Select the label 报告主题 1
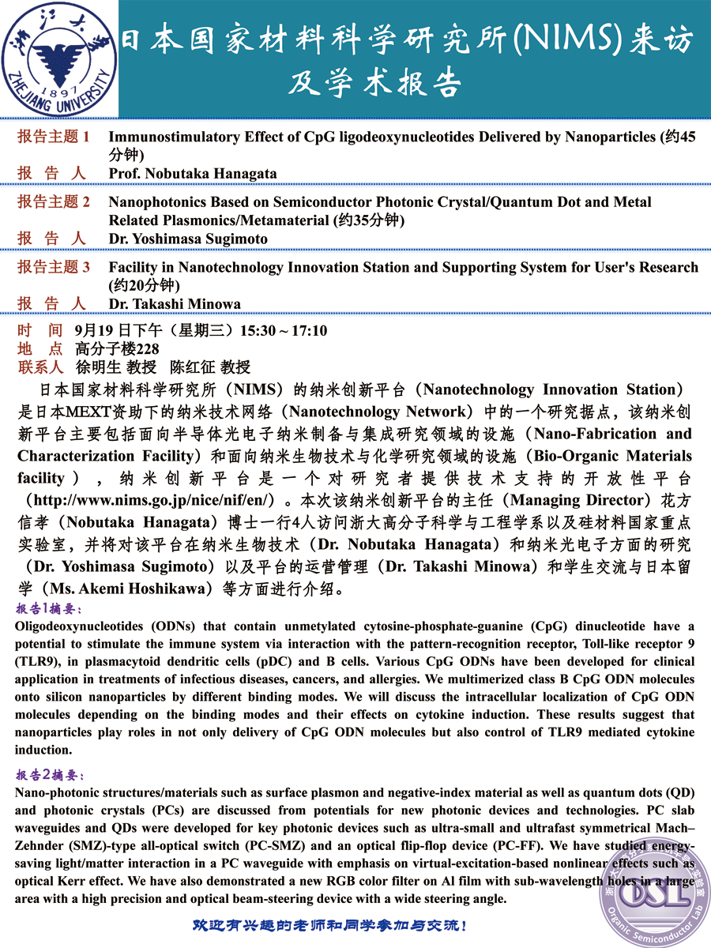click(x=54, y=137)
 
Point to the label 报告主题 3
click(x=54, y=268)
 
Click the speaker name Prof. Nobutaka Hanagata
click(x=193, y=173)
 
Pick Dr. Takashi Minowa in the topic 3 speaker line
click(x=175, y=303)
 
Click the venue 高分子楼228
click(x=117, y=349)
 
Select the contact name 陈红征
click(x=187, y=367)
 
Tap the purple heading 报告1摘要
click(x=48, y=609)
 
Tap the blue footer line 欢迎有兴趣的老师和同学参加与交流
click(x=330, y=925)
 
